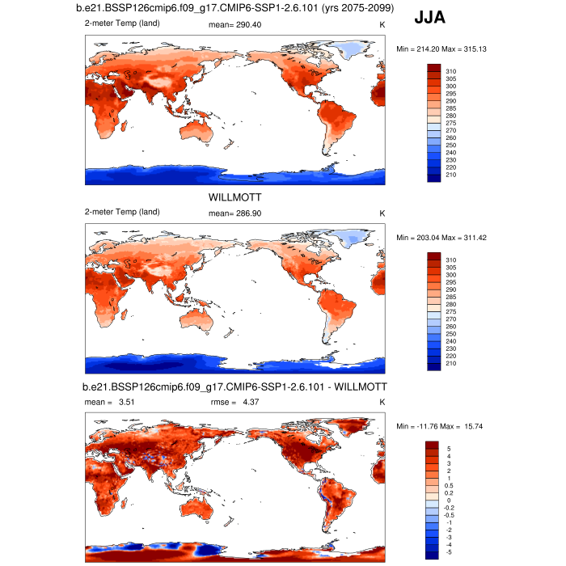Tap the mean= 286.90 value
click(235, 213)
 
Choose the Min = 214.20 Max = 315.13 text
click(441, 49)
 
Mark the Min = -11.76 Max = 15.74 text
click(441, 425)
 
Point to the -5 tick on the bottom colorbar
click(449, 552)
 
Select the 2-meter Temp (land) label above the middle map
click(122, 213)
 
